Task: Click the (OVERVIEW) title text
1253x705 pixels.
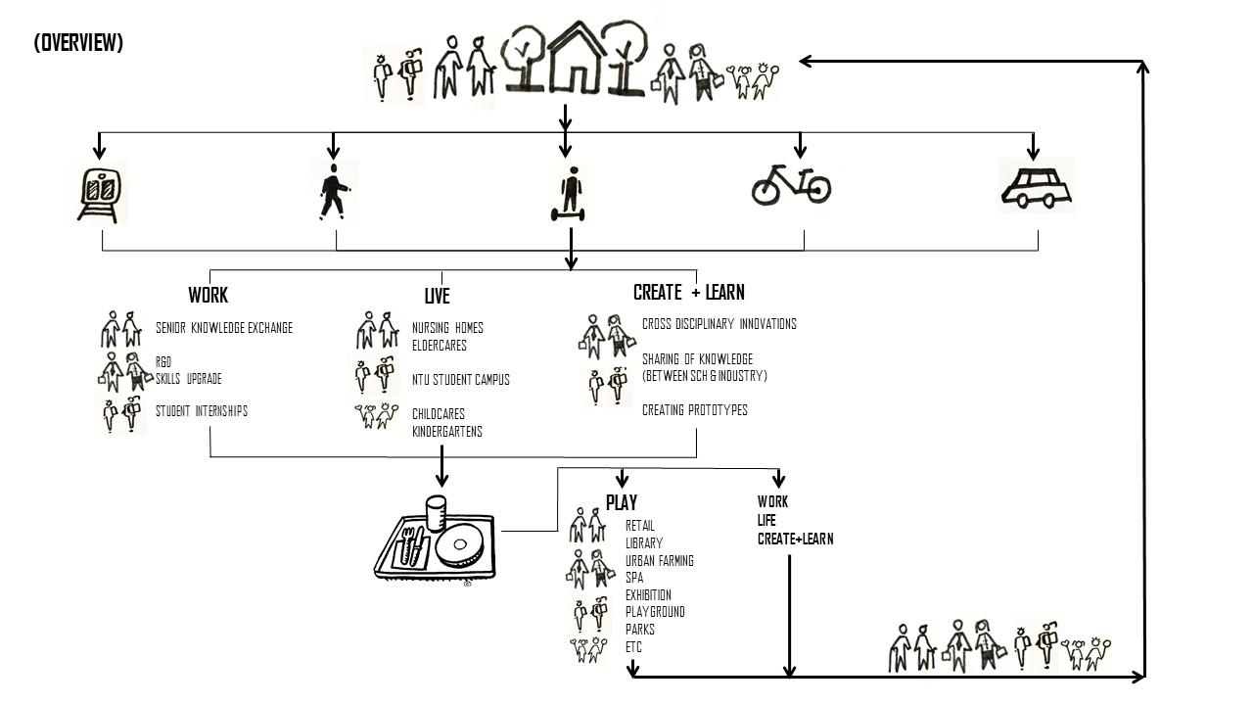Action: (x=78, y=43)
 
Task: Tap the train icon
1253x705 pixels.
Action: (x=102, y=192)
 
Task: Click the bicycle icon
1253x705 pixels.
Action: (x=791, y=183)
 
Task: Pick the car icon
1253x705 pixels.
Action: (x=1036, y=186)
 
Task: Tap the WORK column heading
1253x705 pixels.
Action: (x=208, y=295)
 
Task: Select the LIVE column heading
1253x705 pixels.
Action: (x=438, y=296)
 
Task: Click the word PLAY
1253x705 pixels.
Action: (x=622, y=502)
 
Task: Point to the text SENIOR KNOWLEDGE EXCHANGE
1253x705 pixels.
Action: (x=224, y=328)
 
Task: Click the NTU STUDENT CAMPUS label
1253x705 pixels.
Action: (x=460, y=380)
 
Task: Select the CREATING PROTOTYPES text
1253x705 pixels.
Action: (x=695, y=410)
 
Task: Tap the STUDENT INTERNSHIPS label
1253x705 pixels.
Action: (x=202, y=411)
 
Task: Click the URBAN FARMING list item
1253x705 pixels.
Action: (x=660, y=561)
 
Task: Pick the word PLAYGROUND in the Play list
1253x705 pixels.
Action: (x=655, y=612)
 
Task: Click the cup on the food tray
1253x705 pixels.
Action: (x=437, y=513)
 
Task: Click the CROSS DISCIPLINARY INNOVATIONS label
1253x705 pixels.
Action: (x=719, y=324)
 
